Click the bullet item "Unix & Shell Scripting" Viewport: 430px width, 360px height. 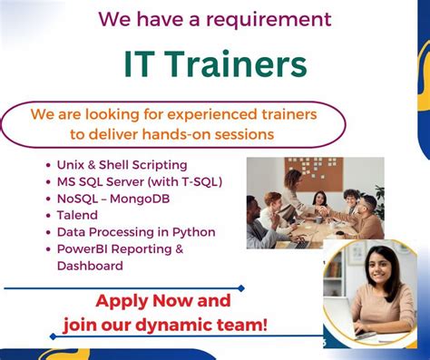click(x=122, y=165)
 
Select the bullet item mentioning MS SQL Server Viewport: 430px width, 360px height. click(x=139, y=181)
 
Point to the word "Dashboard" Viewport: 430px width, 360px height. click(x=90, y=266)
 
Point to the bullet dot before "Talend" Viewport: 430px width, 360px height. click(x=48, y=216)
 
